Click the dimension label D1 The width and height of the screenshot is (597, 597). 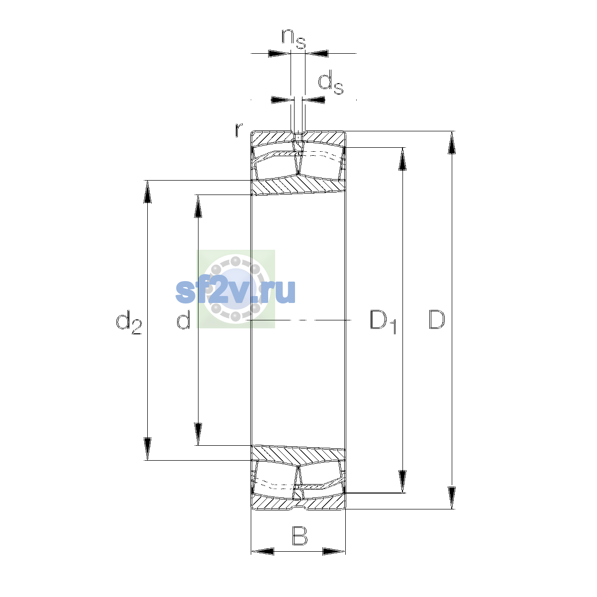pos(383,322)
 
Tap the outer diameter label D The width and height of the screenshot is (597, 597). pos(437,319)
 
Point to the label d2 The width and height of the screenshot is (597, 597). pos(128,322)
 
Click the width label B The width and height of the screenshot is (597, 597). pos(299,535)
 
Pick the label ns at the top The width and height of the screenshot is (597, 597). pos(294,38)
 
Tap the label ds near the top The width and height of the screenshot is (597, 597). pos(330,82)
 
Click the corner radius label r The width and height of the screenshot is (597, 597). pos(239,130)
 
